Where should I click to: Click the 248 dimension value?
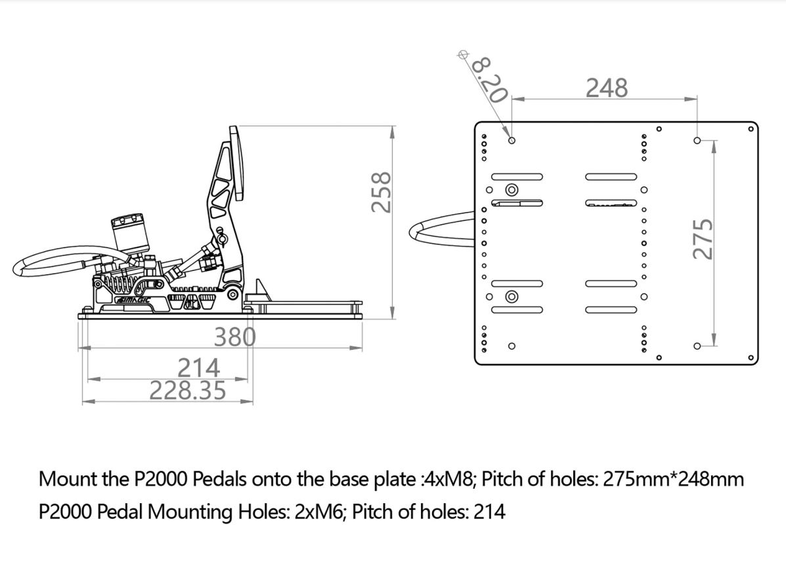tap(607, 87)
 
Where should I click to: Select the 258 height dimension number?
tap(382, 192)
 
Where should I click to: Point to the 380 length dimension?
tap(234, 337)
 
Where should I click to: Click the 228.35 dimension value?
tap(188, 391)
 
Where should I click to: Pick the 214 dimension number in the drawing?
tap(199, 367)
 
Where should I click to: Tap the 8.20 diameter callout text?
tap(489, 79)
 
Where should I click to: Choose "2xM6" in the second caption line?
tap(320, 512)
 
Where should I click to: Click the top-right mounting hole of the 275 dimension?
tap(697, 140)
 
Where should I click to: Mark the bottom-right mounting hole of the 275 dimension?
tap(697, 346)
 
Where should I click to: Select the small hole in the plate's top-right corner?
tap(751, 129)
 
